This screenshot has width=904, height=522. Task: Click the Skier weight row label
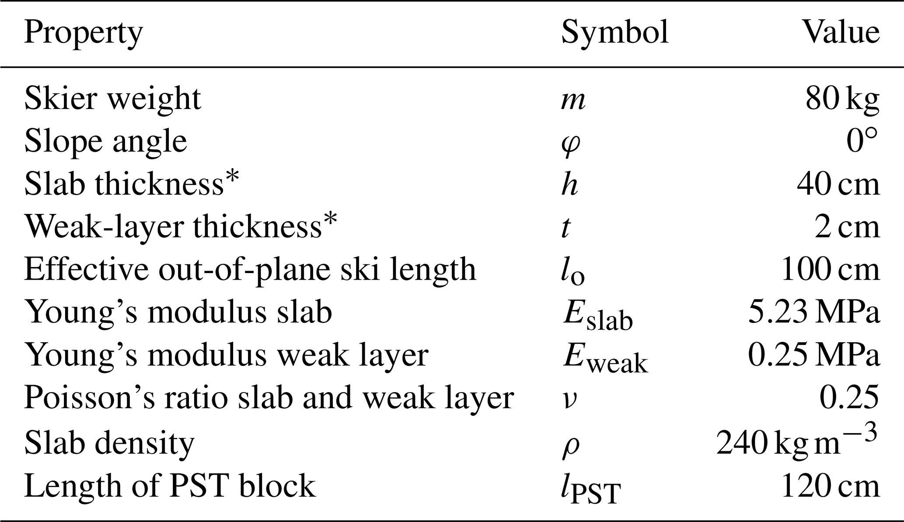(x=112, y=99)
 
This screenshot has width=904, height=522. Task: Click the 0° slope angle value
(x=862, y=141)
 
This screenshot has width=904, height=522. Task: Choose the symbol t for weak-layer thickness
(x=566, y=227)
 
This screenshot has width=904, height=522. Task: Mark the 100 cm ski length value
(x=830, y=270)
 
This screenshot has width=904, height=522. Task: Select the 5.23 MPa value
(x=813, y=312)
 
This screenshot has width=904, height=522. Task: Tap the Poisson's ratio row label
(x=269, y=399)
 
